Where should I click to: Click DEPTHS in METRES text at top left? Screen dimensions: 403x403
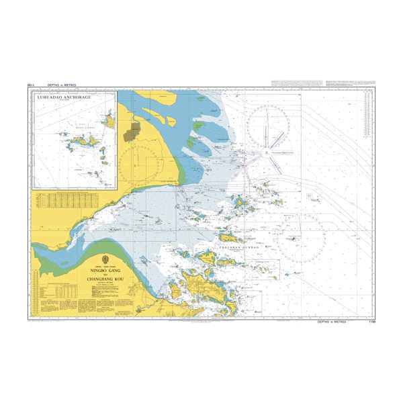[x=62, y=85]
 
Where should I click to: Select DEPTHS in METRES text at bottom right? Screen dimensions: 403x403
[x=335, y=322]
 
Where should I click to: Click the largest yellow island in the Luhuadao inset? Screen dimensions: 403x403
[x=79, y=142]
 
